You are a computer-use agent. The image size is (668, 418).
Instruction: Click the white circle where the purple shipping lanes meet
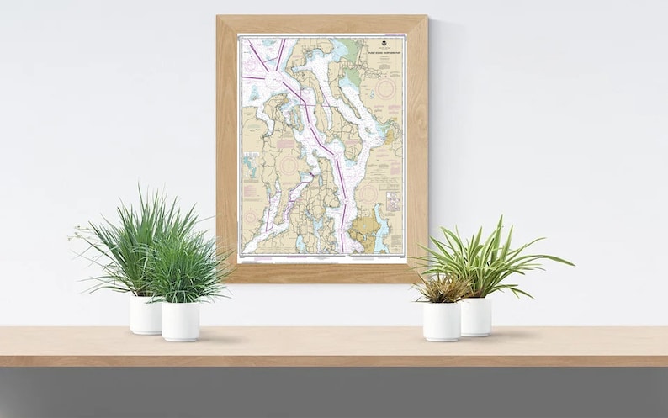point(274,79)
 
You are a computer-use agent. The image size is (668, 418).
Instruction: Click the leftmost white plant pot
point(144,315)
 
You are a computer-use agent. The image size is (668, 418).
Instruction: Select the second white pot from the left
point(180,321)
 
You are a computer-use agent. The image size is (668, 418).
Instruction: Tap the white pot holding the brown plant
point(442,321)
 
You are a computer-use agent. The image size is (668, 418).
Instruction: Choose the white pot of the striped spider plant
point(475,316)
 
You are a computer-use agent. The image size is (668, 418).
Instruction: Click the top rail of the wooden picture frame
point(321,24)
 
